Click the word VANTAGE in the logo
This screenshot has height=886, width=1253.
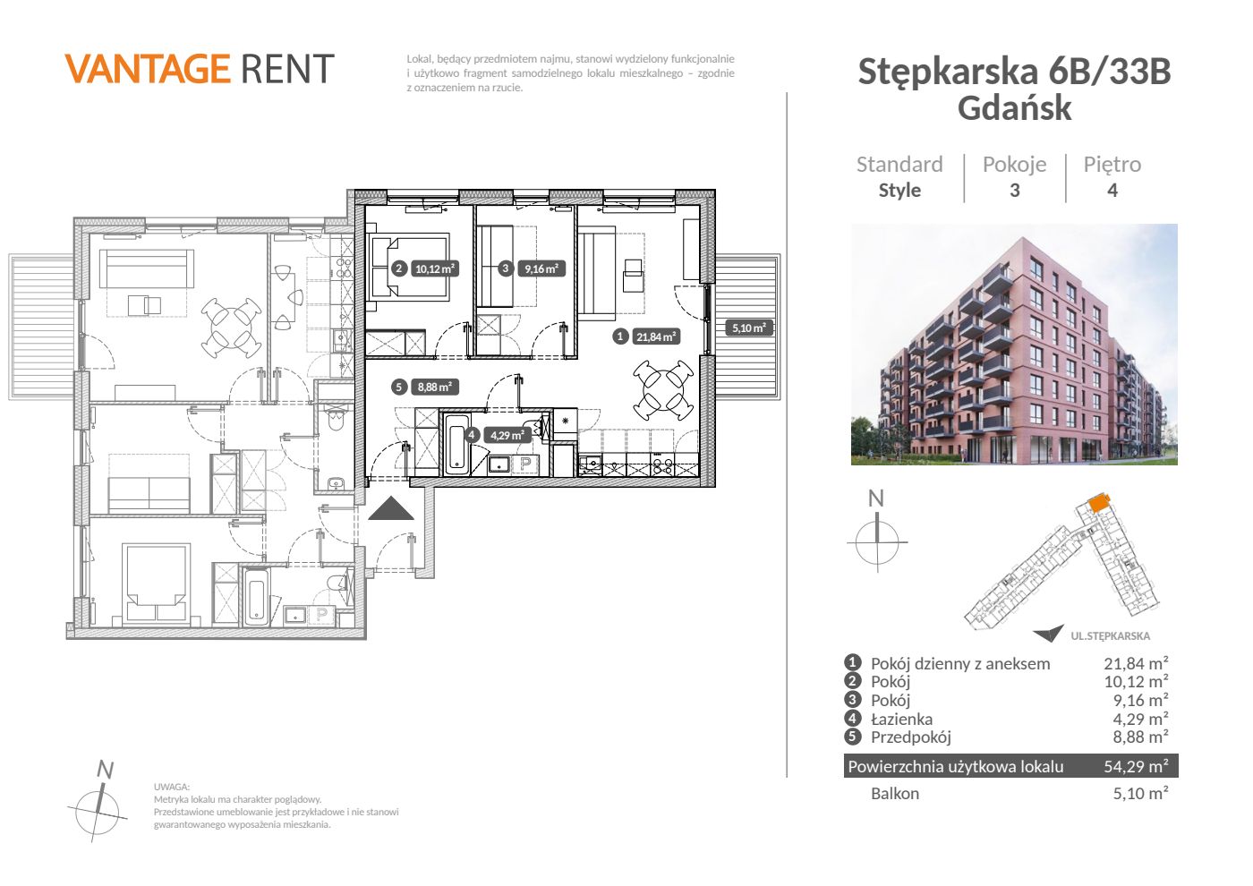point(148,69)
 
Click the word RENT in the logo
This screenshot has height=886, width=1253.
point(287,69)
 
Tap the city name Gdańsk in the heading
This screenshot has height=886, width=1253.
point(1014,108)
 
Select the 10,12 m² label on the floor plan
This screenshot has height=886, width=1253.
point(435,269)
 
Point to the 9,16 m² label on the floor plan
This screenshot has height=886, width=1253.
point(541,269)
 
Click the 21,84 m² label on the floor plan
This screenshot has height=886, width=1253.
point(656,337)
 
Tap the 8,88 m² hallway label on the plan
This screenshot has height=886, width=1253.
point(435,387)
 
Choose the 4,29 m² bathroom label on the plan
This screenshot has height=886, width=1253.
point(507,435)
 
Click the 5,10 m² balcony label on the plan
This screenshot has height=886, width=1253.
point(749,328)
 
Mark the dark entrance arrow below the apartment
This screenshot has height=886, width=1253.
point(391,508)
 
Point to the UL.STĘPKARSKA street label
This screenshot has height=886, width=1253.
point(1111,636)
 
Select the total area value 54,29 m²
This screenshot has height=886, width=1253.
point(1136,766)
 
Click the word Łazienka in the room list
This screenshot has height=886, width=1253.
point(901,719)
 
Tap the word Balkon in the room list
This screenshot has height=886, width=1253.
point(894,794)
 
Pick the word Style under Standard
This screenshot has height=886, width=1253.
point(899,190)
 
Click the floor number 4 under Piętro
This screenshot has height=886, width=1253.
point(1112,191)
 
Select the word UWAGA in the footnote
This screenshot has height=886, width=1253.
point(172,787)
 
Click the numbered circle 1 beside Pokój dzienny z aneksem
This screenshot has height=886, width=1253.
point(852,663)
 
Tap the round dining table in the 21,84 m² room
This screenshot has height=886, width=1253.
point(663,390)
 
